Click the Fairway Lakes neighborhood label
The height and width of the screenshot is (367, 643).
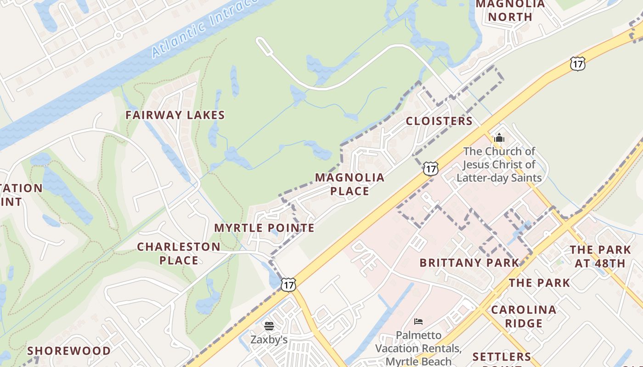tap(175, 115)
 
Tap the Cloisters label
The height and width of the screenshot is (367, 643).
tap(439, 121)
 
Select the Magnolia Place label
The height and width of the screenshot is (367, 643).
tap(350, 184)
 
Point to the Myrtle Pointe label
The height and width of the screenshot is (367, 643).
tap(264, 228)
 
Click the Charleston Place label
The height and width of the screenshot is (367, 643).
tap(179, 253)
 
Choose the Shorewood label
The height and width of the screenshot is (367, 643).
tap(69, 351)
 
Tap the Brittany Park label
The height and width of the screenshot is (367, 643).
tap(469, 263)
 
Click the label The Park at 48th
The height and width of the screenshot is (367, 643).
tap(600, 256)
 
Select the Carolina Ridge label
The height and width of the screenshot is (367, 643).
tap(524, 317)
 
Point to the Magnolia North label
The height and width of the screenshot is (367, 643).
tap(510, 11)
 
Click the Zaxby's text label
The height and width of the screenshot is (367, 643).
tap(269, 340)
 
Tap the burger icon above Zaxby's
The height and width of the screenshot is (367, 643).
tap(269, 326)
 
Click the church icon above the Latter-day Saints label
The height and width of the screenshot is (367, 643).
tap(499, 138)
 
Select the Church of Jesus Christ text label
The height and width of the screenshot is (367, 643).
tap(499, 164)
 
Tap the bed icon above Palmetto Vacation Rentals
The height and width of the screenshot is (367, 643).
tap(418, 321)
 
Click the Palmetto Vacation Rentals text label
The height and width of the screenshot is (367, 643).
tap(418, 348)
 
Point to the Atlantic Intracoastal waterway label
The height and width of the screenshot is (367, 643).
tap(204, 28)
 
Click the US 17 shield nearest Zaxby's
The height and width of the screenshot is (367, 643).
tap(288, 284)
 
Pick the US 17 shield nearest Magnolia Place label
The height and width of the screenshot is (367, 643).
tap(430, 168)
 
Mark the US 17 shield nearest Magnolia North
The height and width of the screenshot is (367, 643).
tap(577, 63)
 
